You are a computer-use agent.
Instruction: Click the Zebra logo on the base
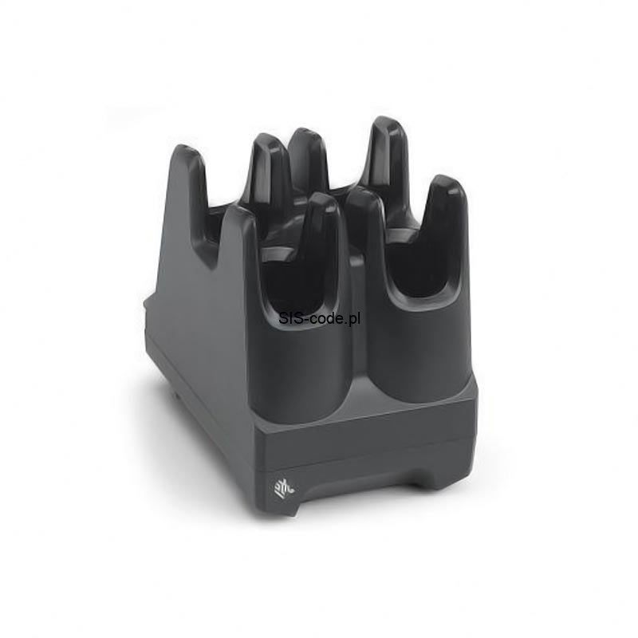tap(285, 487)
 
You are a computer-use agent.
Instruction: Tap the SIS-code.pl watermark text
tap(320, 318)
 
